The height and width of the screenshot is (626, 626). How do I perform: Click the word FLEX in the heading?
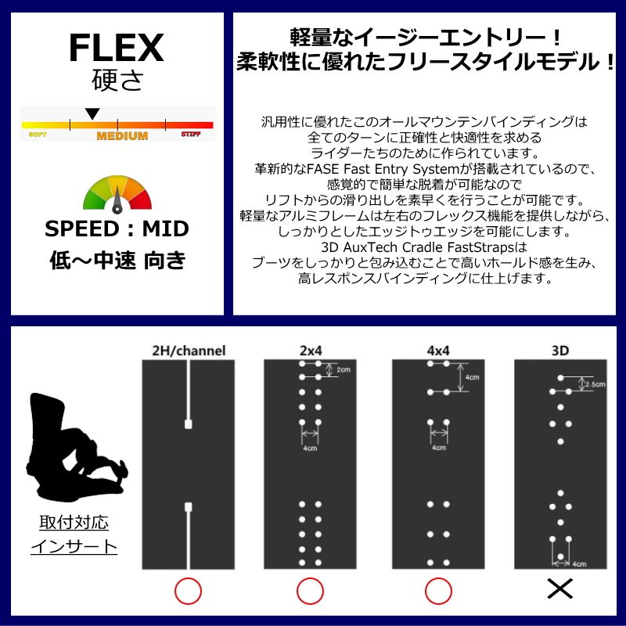click(x=116, y=49)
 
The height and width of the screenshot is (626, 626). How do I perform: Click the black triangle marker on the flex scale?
click(x=92, y=114)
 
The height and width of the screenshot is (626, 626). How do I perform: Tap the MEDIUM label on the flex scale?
click(x=122, y=136)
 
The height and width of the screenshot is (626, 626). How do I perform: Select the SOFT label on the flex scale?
click(x=37, y=135)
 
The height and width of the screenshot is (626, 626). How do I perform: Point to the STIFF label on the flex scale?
click(x=191, y=135)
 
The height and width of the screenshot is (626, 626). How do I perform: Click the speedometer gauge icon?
click(x=117, y=195)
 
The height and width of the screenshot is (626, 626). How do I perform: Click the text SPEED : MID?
click(x=117, y=229)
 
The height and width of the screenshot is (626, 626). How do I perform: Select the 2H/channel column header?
click(x=188, y=351)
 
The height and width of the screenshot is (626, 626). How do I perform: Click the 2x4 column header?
click(x=310, y=351)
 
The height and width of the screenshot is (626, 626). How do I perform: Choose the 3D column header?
click(x=559, y=351)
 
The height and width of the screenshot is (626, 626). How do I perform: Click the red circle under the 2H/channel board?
click(x=188, y=591)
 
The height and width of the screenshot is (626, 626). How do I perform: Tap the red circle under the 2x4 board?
click(x=310, y=591)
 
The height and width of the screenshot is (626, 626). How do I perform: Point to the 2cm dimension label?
click(x=343, y=369)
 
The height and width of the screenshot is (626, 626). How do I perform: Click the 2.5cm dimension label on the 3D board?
click(x=595, y=384)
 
